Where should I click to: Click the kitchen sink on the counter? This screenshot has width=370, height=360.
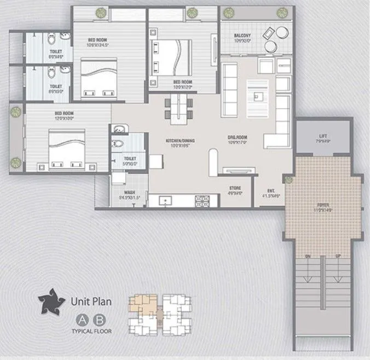click(x=165, y=201)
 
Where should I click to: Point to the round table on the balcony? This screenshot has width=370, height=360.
click(x=281, y=32)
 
